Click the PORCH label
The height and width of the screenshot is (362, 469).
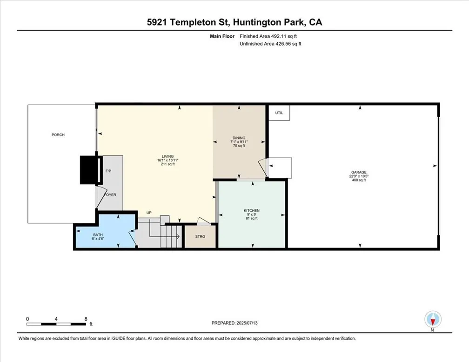(x=58, y=135)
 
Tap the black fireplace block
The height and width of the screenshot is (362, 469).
(x=89, y=170)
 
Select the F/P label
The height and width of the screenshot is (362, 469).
(x=108, y=171)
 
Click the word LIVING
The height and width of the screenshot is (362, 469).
(x=168, y=156)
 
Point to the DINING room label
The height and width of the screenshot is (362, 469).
(x=239, y=138)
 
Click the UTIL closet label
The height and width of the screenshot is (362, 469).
(x=279, y=113)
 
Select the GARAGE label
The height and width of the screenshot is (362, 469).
(x=359, y=172)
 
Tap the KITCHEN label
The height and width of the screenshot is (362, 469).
(x=252, y=211)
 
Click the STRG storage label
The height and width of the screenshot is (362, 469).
(x=200, y=237)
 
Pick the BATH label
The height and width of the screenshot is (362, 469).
(x=98, y=235)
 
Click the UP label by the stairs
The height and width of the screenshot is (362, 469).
(x=149, y=213)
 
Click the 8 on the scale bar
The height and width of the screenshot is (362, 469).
(x=86, y=319)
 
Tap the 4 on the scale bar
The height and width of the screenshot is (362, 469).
(x=56, y=319)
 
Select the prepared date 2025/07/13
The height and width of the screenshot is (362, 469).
(x=247, y=323)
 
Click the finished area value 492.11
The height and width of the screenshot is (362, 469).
(x=278, y=36)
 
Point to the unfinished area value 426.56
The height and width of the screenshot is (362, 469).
(x=283, y=44)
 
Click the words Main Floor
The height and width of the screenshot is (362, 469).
(x=222, y=36)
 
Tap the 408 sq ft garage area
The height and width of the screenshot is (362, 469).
(x=359, y=180)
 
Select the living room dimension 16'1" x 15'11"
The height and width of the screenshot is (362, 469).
(x=168, y=161)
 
